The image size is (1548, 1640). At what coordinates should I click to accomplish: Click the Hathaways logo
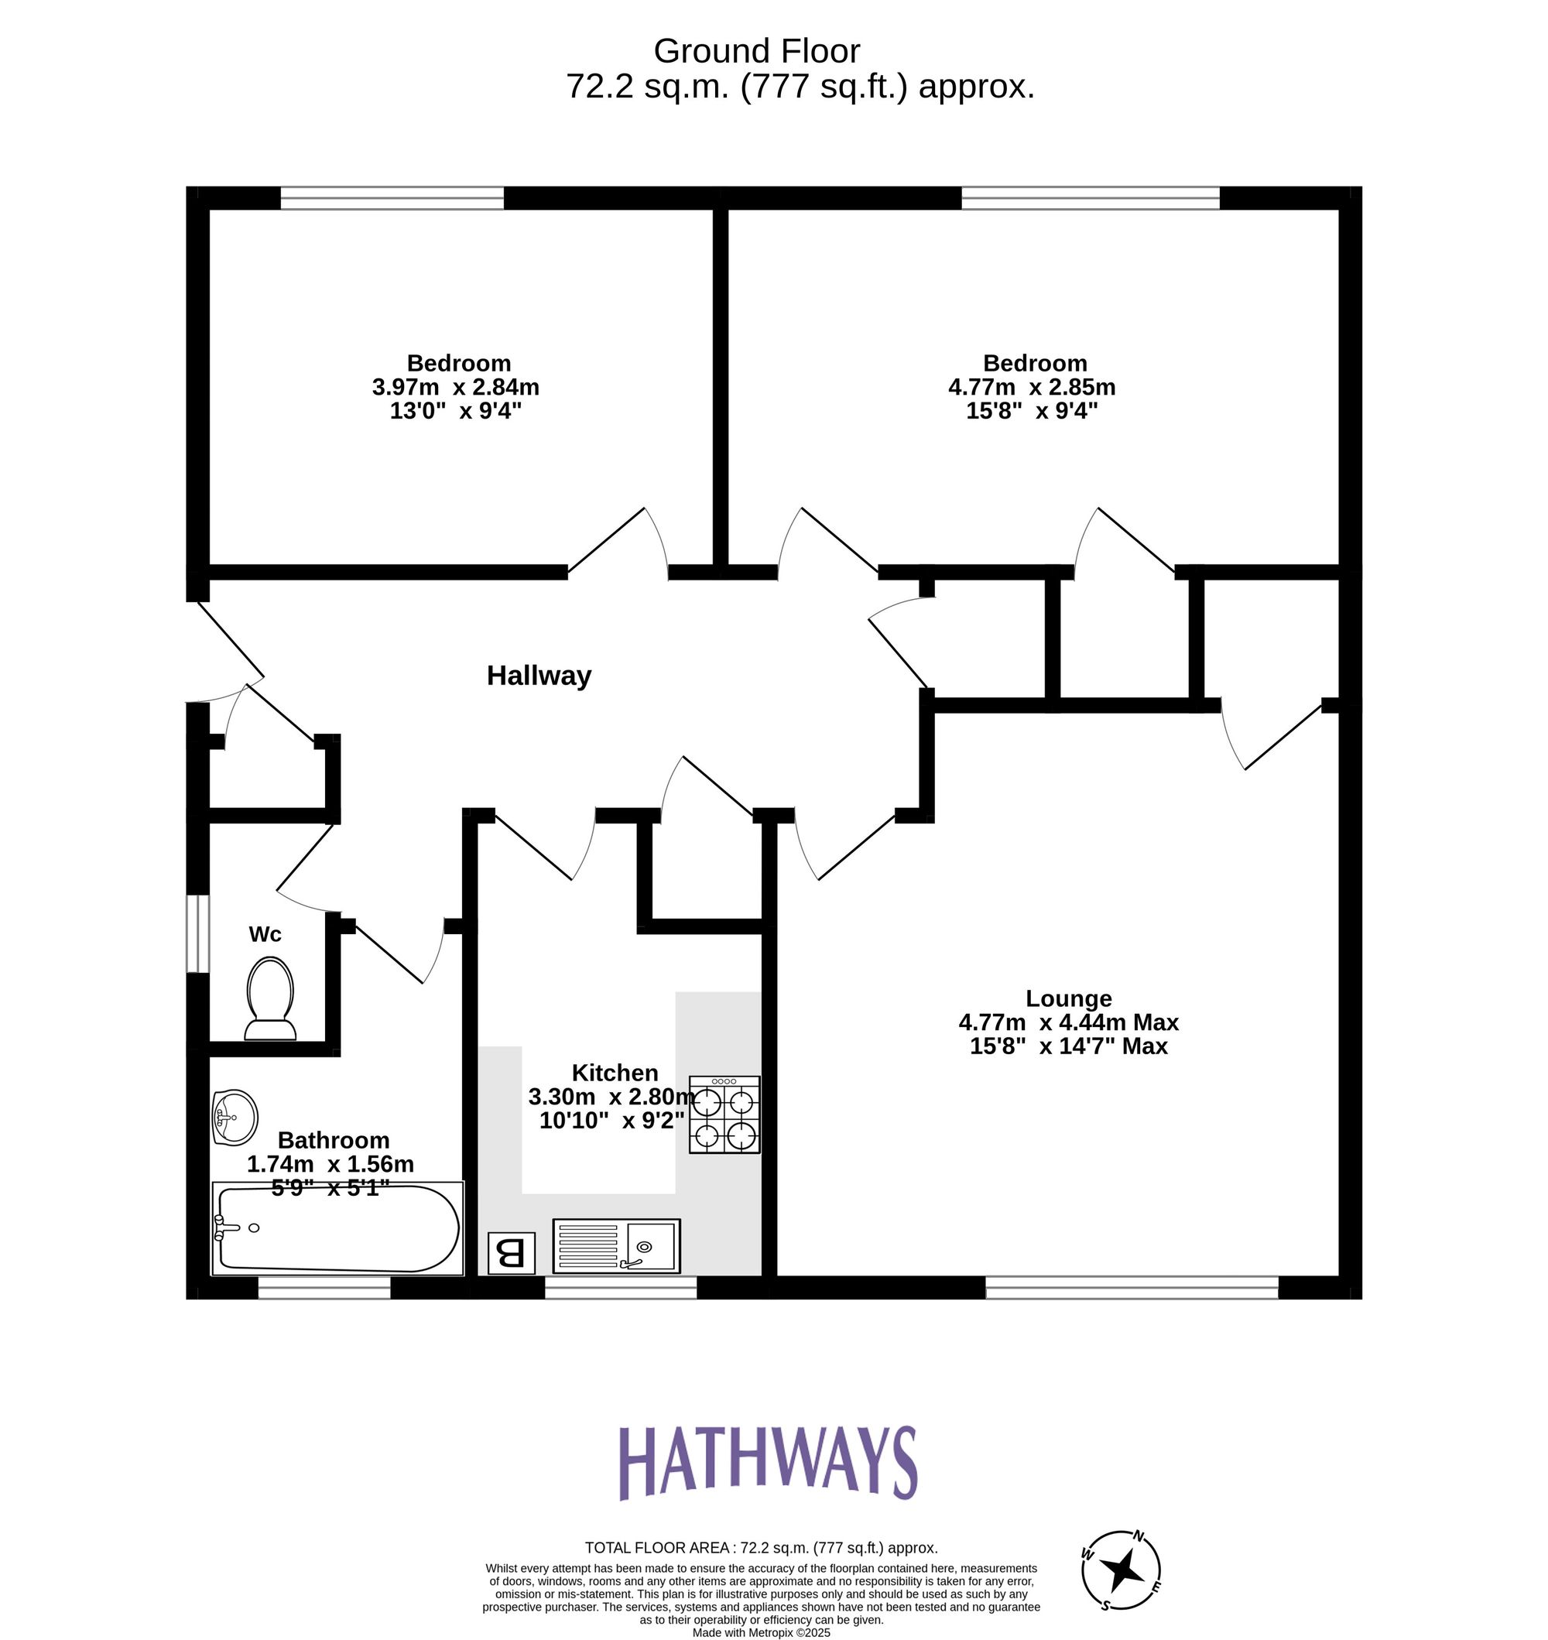[x=767, y=1464]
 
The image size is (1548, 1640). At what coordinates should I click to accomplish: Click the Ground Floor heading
[x=757, y=51]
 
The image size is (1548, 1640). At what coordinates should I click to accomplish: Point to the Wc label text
[x=265, y=934]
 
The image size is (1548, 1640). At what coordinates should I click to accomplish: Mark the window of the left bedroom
[x=392, y=198]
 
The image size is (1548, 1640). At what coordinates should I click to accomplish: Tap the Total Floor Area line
[x=761, y=1548]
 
